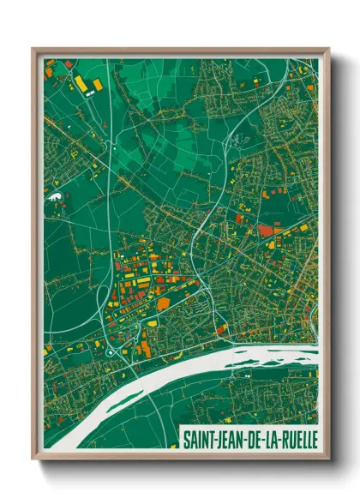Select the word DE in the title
(254, 438)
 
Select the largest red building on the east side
(270, 229)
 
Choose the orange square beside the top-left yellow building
(97, 85)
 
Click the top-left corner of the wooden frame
(33, 50)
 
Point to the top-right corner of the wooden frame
(328, 50)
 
